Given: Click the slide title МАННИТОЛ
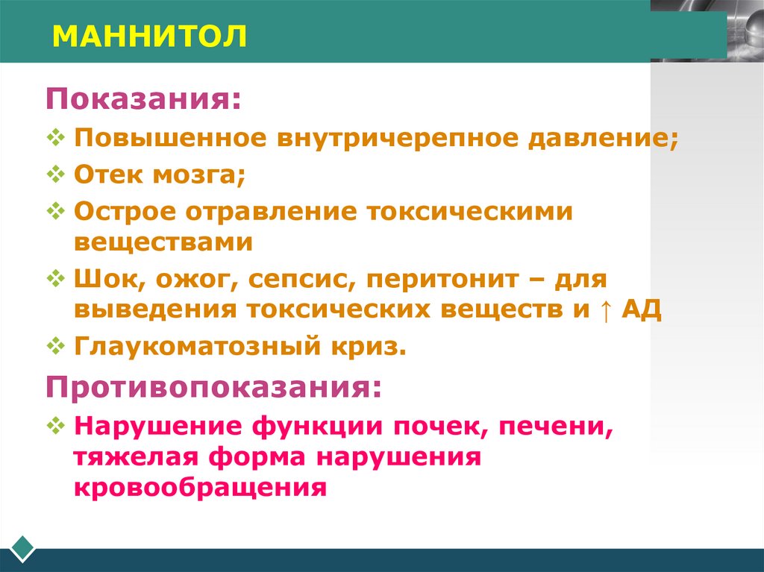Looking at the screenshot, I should click(x=149, y=35).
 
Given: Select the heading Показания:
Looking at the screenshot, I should click(x=144, y=99).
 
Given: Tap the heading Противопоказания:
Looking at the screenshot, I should click(x=213, y=387).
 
